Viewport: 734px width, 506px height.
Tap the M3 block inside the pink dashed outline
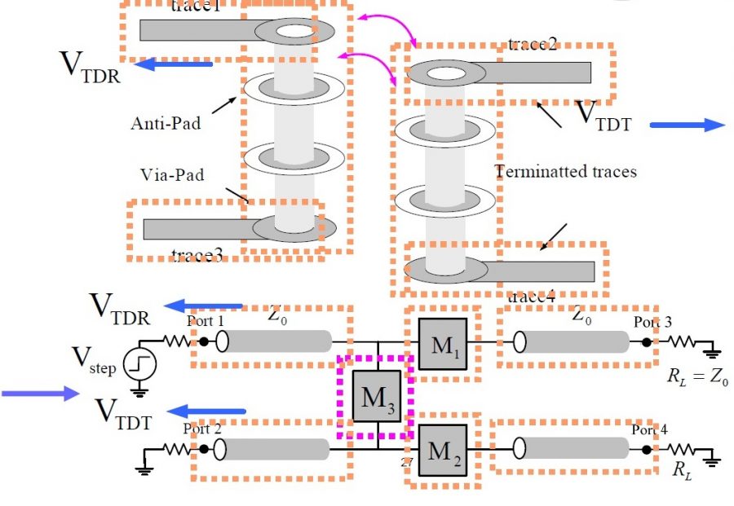[378, 396]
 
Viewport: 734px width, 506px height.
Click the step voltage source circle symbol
[140, 364]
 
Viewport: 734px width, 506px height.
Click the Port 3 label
[652, 322]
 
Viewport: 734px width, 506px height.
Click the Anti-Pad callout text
[166, 124]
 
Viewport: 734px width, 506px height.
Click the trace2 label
[532, 44]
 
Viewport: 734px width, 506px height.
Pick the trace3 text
[197, 255]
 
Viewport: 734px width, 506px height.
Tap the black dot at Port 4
[646, 449]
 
